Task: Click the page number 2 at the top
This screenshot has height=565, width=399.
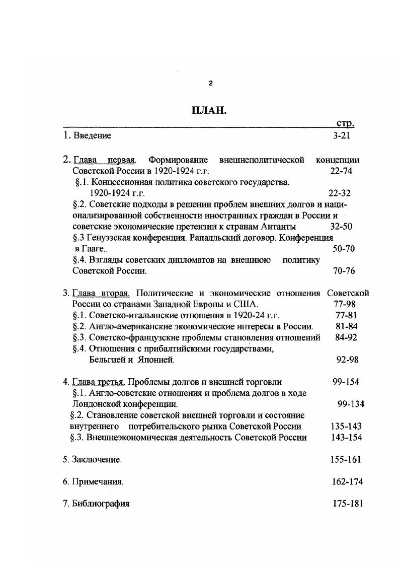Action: (x=210, y=83)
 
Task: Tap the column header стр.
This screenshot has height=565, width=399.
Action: (x=345, y=123)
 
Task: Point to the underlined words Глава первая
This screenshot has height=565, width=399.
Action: (x=105, y=160)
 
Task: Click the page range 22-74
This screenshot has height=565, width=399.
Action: (x=341, y=171)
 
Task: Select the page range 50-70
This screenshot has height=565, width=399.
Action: (x=344, y=248)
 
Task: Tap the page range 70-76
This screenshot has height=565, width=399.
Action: (x=344, y=270)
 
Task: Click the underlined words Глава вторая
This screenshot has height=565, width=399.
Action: (x=101, y=293)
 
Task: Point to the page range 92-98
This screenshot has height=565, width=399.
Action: (x=347, y=360)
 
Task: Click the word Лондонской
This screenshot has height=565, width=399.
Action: (x=94, y=404)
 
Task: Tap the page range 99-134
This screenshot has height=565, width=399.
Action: (x=351, y=404)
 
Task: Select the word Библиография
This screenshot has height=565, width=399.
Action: (x=101, y=504)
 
